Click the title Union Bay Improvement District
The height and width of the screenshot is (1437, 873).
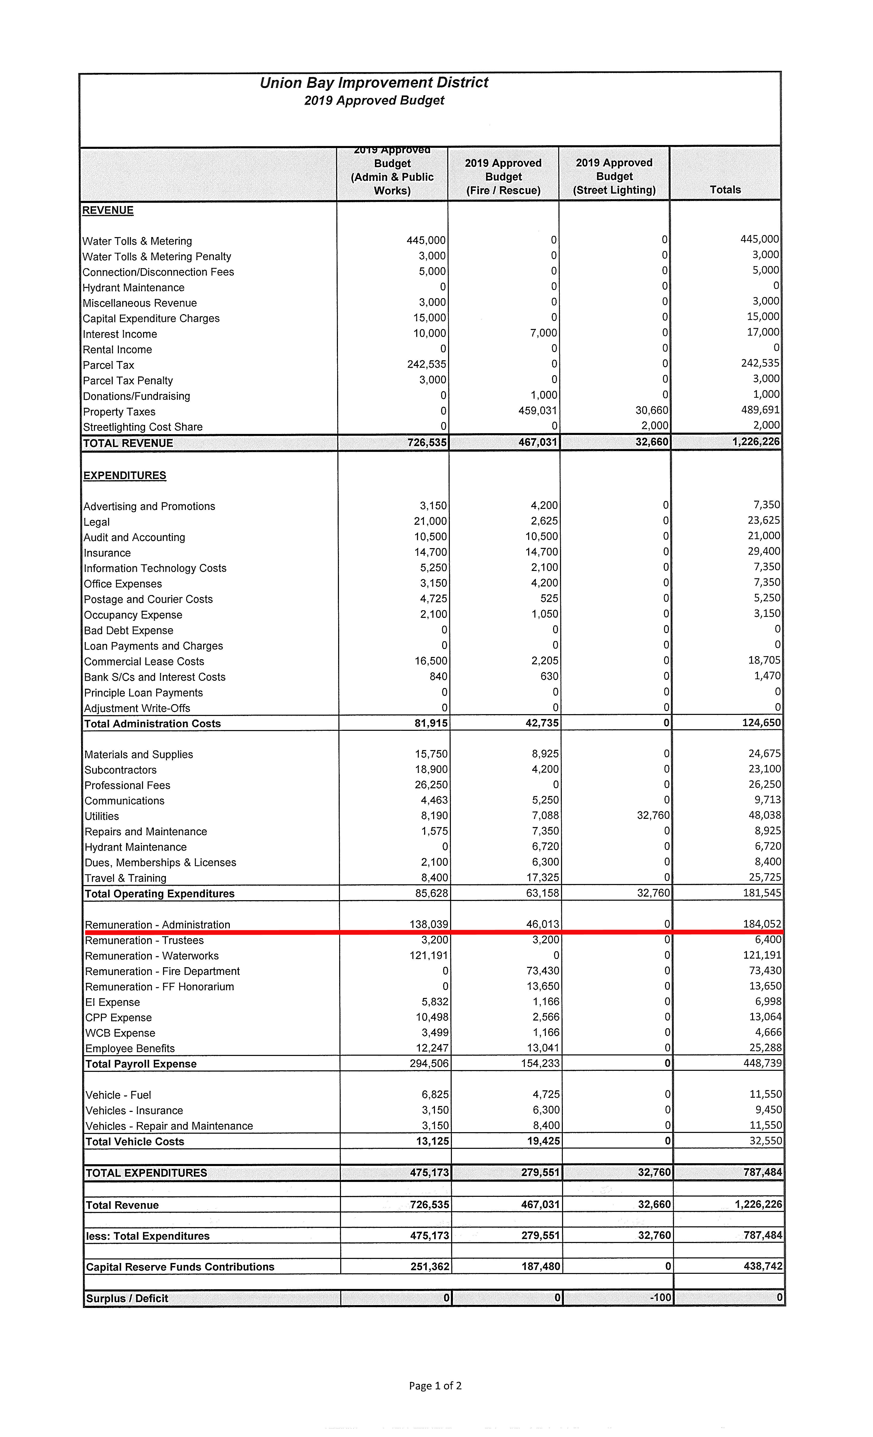coord(374,83)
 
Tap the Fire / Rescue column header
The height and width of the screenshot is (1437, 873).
coord(503,177)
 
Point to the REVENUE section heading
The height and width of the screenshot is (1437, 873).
coord(108,210)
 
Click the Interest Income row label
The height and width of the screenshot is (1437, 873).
coord(120,334)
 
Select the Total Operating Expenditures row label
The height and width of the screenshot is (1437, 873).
coord(159,894)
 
